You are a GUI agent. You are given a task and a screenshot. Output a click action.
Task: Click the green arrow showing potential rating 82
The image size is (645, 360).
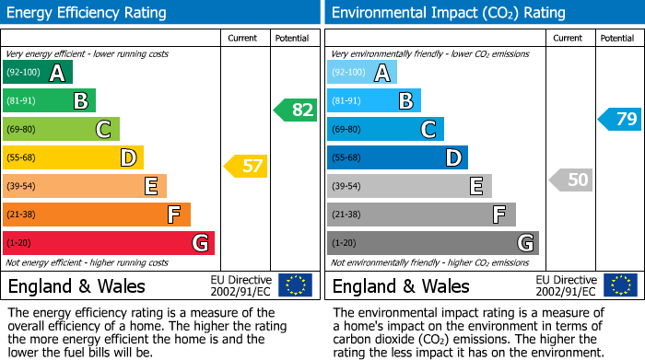click(296, 110)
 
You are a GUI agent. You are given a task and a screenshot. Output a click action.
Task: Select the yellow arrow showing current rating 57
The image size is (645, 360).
click(246, 167)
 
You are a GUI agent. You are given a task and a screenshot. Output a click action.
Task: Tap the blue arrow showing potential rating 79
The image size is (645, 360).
click(620, 119)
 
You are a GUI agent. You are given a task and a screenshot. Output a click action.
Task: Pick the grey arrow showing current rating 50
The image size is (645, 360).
click(571, 180)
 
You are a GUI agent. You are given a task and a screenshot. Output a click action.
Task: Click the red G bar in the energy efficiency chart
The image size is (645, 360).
click(109, 243)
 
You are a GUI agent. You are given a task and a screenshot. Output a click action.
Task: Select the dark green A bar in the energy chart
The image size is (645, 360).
click(38, 73)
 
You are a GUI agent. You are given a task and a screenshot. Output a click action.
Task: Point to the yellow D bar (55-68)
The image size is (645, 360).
click(73, 157)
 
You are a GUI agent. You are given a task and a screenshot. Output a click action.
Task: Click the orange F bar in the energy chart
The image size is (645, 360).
click(97, 215)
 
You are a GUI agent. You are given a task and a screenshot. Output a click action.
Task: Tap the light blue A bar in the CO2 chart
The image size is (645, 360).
click(362, 73)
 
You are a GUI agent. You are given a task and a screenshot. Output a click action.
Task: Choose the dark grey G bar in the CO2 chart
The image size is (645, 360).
click(433, 243)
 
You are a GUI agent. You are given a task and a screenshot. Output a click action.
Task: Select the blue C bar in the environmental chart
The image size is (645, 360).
click(385, 129)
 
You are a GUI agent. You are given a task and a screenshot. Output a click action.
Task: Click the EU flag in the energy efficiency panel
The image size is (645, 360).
click(296, 285)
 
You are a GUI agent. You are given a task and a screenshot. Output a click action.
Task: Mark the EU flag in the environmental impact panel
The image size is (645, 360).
click(620, 285)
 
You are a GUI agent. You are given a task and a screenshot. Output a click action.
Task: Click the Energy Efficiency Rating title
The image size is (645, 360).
click(88, 13)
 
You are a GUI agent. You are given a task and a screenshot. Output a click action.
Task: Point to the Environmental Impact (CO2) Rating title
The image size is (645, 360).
click(448, 13)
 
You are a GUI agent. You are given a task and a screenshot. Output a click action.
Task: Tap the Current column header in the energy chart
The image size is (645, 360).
click(241, 38)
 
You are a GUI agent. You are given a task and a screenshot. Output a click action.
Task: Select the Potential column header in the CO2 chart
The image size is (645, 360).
click(617, 38)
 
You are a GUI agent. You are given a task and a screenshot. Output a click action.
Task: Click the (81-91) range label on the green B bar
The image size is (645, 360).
click(22, 101)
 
